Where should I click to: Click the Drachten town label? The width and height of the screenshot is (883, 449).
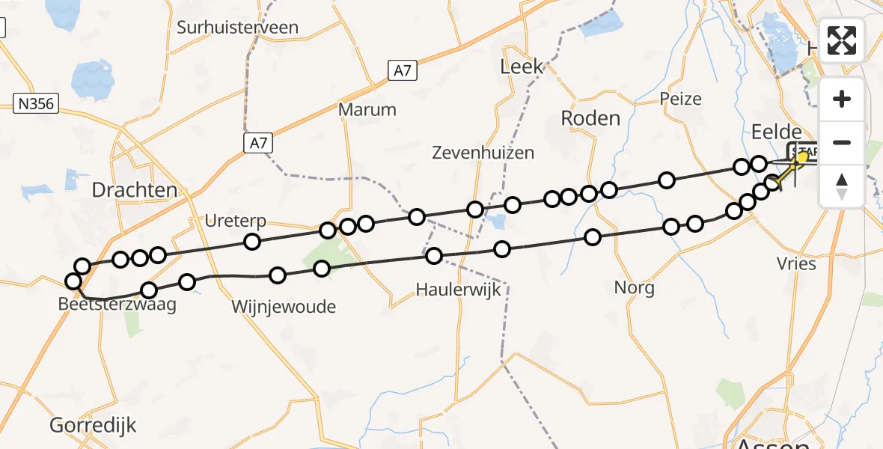tap(135, 190)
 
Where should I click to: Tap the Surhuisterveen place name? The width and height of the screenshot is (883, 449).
tap(237, 28)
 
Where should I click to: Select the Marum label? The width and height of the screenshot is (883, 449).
tap(367, 109)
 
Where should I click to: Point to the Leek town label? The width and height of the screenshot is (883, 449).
tap(522, 67)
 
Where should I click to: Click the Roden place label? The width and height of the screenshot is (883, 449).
tap(590, 118)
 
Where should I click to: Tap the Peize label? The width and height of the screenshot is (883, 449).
tap(680, 99)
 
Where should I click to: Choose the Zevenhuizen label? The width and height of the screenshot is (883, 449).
tap(483, 153)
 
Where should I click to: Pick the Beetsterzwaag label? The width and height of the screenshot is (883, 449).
tap(117, 305)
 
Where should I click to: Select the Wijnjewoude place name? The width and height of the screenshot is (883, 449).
tap(284, 307)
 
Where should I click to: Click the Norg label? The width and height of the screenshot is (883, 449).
tap(634, 287)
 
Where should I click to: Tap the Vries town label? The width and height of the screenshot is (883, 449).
tap(795, 263)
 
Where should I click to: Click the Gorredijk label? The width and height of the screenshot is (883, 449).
tap(94, 426)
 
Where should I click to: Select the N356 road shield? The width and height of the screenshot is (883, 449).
tap(36, 103)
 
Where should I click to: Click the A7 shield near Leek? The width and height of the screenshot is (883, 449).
tap(403, 71)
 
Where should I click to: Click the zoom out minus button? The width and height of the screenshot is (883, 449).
tap(842, 142)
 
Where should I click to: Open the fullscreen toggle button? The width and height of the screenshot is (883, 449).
tap(842, 40)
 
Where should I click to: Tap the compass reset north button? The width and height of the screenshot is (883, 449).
tap(842, 185)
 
